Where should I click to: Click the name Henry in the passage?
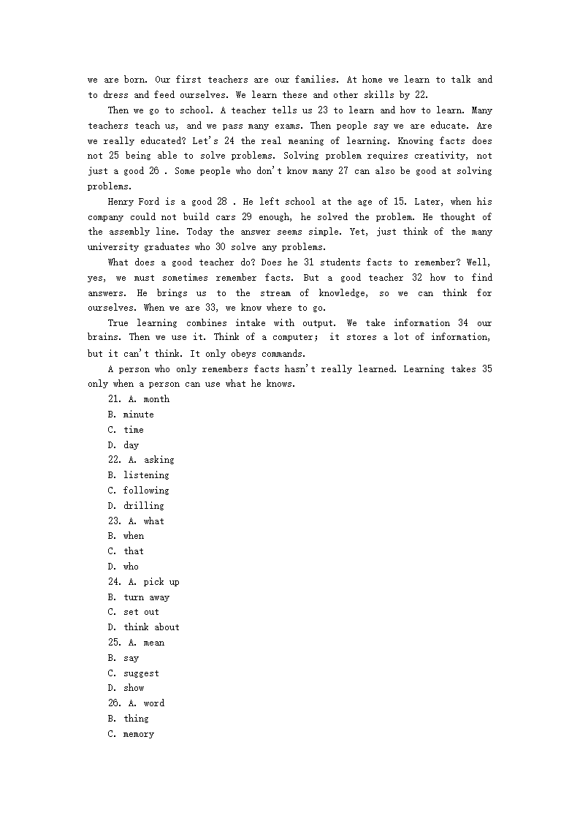click(x=121, y=202)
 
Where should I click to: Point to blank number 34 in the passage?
click(x=463, y=323)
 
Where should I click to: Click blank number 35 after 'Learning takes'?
click(x=486, y=369)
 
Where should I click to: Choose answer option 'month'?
click(x=156, y=399)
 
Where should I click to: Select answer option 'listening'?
click(x=145, y=475)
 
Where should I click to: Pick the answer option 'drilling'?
click(x=143, y=506)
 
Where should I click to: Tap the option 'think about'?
click(x=151, y=627)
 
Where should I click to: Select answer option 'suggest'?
click(x=141, y=673)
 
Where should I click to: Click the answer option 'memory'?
click(x=138, y=734)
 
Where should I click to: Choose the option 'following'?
click(x=145, y=491)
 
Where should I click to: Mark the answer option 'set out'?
click(x=141, y=612)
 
